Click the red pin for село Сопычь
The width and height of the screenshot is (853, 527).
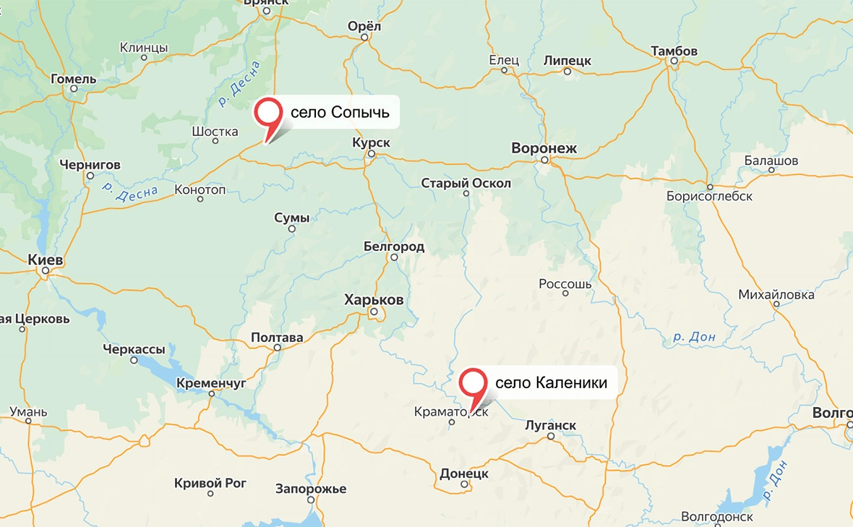tap(269, 113)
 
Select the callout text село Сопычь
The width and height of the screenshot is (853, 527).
tap(340, 113)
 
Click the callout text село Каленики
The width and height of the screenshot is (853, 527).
tap(551, 382)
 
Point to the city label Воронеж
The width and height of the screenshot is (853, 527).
tap(544, 148)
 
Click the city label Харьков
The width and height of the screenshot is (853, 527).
tap(374, 299)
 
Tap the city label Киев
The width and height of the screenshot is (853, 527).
tap(45, 260)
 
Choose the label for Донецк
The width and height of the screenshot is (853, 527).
tap(464, 474)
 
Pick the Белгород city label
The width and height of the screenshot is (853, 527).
tap(394, 247)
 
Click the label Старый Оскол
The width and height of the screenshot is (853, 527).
tap(466, 183)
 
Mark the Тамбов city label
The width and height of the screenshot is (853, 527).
tap(674, 51)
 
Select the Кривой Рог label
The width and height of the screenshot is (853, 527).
tap(210, 483)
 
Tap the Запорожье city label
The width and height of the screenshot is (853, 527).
tap(312, 489)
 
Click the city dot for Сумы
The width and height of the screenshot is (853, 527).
tap(292, 229)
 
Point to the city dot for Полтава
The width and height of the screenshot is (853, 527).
tap(277, 348)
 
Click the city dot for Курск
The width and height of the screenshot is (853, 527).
tap(371, 154)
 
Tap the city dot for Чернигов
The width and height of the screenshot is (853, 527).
tap(90, 176)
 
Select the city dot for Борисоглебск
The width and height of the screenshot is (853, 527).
tap(711, 186)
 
